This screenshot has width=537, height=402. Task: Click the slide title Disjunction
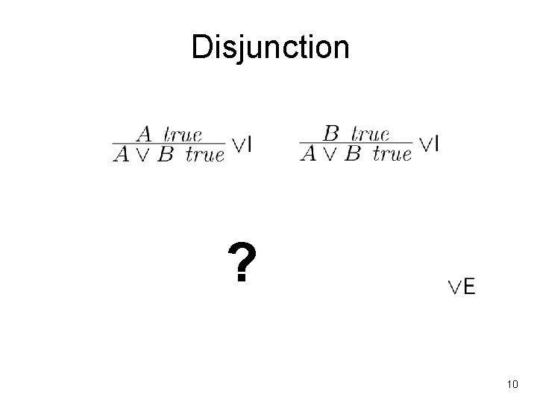coord(270,47)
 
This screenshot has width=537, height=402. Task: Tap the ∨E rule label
coord(462,287)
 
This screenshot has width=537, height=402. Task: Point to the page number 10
coord(512,384)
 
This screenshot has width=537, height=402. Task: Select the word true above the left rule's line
coord(183,135)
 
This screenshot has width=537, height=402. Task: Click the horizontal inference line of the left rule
coord(169,144)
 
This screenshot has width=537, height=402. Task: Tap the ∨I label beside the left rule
coord(241,144)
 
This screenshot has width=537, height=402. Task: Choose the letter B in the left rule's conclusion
coord(166,154)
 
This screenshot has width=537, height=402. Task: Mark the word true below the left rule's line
coord(204,155)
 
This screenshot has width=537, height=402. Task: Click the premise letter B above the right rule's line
coord(332,134)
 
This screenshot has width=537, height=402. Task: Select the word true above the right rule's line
coord(370,135)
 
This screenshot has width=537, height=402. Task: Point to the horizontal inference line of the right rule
coord(356,144)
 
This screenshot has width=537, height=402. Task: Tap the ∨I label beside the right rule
coord(428,144)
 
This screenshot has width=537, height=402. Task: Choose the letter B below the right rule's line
coord(353,154)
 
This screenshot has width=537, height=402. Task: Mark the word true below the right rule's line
coord(392,155)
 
